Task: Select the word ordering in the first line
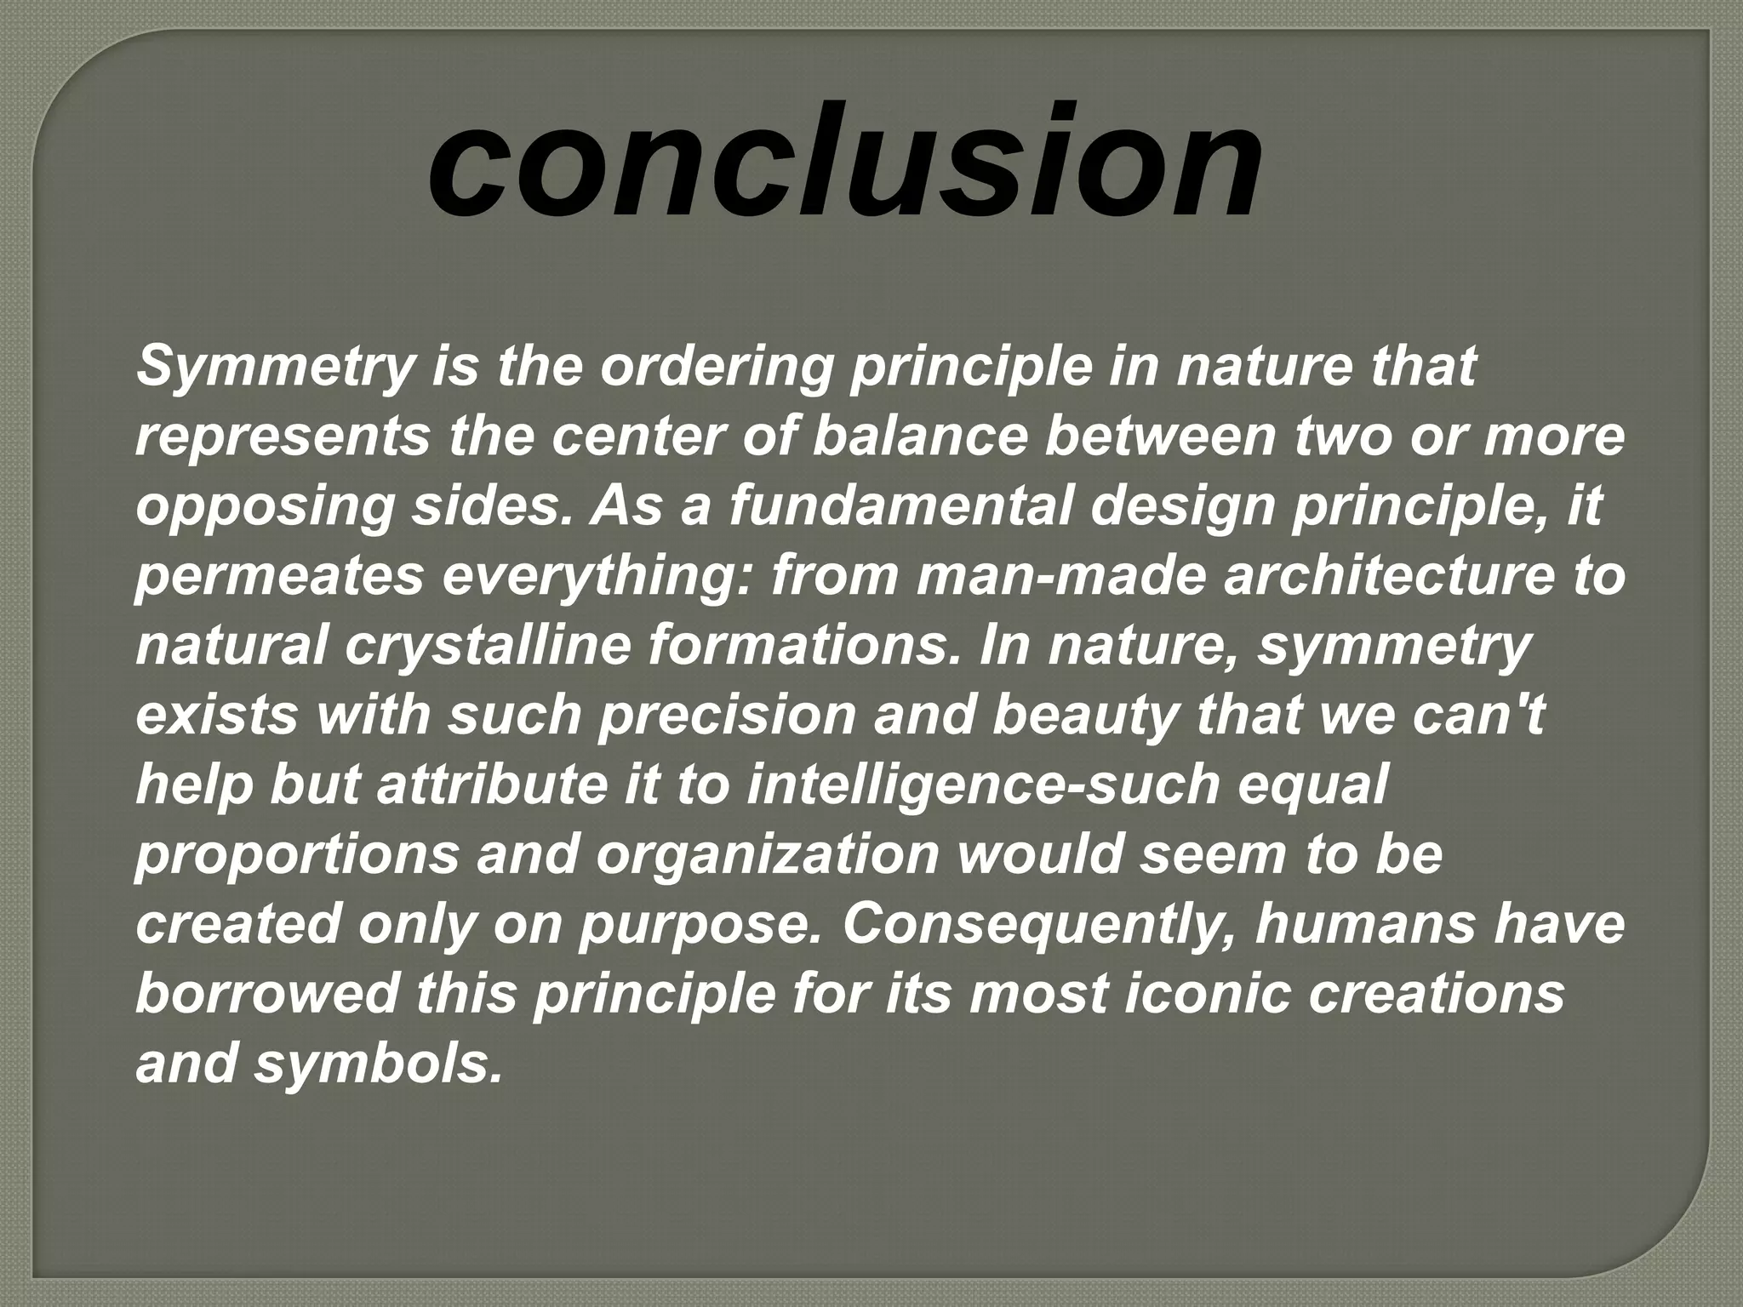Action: pyautogui.click(x=713, y=368)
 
